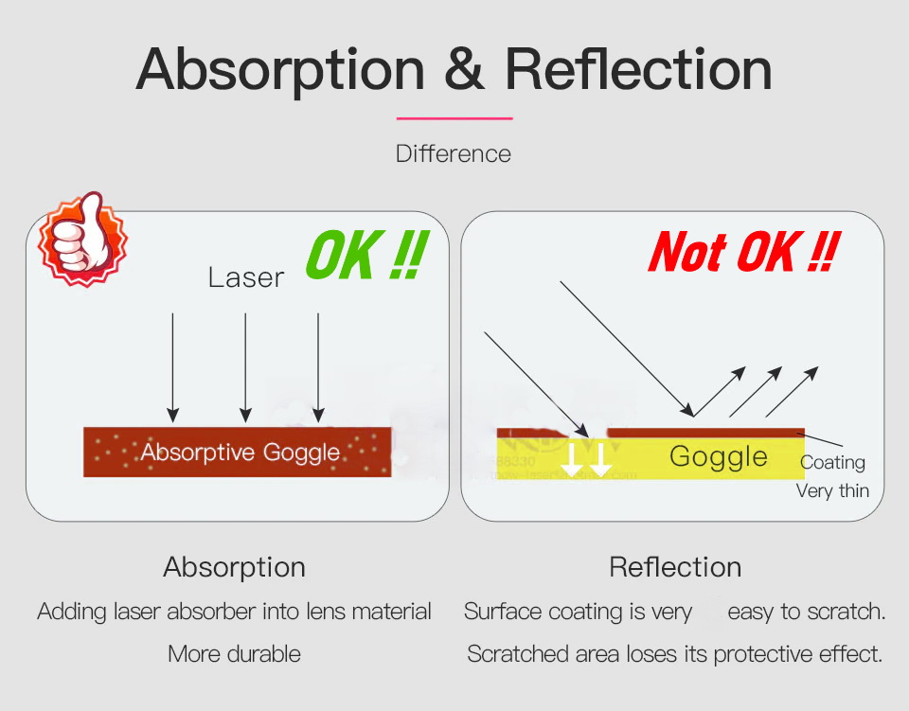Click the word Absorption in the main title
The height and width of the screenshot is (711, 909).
pyautogui.click(x=280, y=71)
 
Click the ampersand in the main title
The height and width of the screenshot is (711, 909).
pyautogui.click(x=464, y=69)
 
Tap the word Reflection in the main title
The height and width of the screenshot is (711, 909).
pyautogui.click(x=638, y=69)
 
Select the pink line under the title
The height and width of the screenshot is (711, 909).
pyautogui.click(x=454, y=118)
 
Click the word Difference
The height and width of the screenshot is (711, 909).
pyautogui.click(x=454, y=153)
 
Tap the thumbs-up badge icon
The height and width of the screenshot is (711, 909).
pyautogui.click(x=82, y=239)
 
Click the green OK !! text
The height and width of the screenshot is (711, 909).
pyautogui.click(x=367, y=255)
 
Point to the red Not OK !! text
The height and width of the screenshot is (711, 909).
pyautogui.click(x=744, y=252)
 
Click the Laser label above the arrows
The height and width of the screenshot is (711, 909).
pyautogui.click(x=246, y=277)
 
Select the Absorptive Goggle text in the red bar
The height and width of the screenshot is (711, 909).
pyautogui.click(x=240, y=452)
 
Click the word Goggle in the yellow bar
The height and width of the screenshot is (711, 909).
pyautogui.click(x=719, y=456)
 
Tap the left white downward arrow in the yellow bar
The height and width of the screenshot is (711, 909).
pyautogui.click(x=572, y=460)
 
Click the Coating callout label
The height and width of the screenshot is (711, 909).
pyautogui.click(x=832, y=462)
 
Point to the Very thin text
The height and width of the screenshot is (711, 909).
pyautogui.click(x=832, y=490)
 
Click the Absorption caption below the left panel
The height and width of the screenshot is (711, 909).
pyautogui.click(x=234, y=567)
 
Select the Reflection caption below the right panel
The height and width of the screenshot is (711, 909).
pyautogui.click(x=675, y=567)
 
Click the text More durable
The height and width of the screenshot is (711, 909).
pyautogui.click(x=234, y=653)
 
